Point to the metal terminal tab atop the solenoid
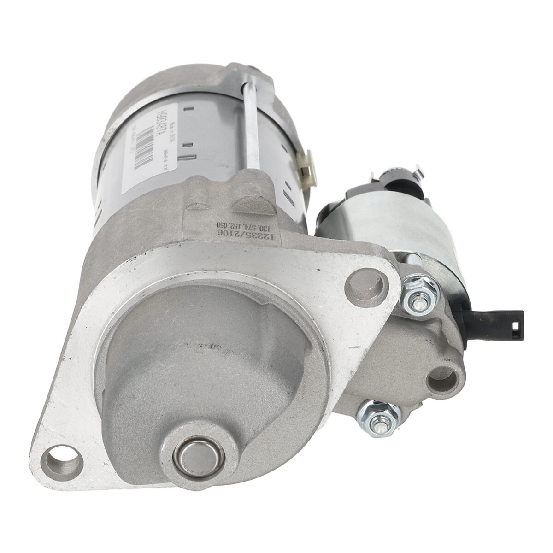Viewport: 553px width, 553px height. tap(417, 173)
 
